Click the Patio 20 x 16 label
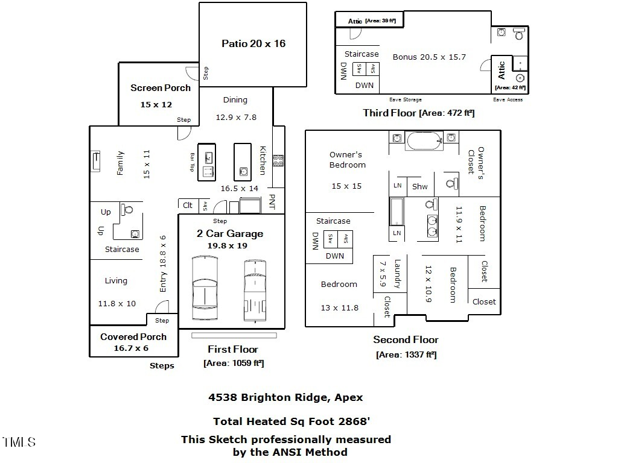coord(253,43)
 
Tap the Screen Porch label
coord(161,88)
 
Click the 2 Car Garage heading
coord(230,234)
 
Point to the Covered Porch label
coord(133,337)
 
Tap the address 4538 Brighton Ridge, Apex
coord(285,397)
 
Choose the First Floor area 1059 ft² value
coord(234,363)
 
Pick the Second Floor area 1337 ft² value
coord(406,355)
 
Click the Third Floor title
coord(389,113)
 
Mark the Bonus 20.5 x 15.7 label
coord(429,57)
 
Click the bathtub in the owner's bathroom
coord(425,141)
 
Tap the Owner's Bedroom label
coord(347,160)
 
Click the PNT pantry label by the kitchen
coord(272,202)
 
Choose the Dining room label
coord(235,100)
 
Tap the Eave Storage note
coord(406,99)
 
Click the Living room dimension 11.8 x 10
coord(117,304)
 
